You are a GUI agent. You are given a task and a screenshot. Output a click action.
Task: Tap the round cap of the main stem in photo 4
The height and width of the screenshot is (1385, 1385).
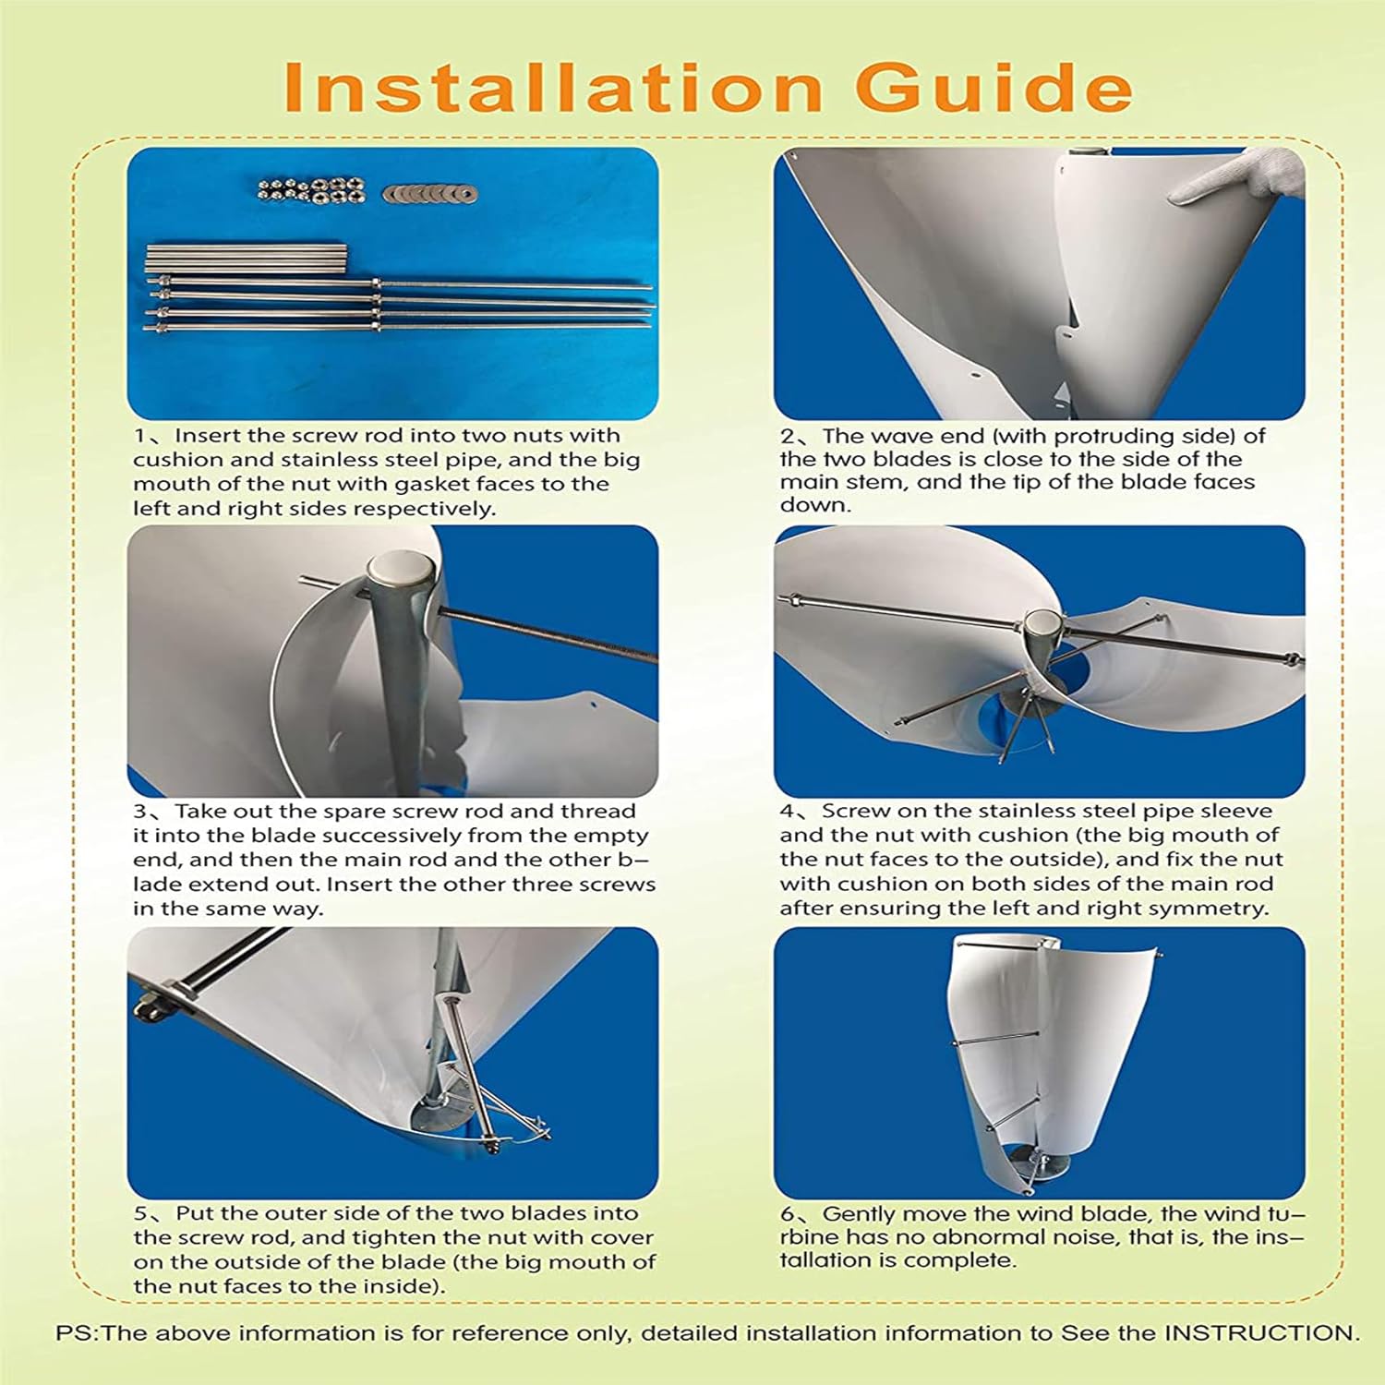click(1043, 623)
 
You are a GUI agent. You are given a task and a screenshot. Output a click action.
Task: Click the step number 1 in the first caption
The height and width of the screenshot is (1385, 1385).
click(140, 436)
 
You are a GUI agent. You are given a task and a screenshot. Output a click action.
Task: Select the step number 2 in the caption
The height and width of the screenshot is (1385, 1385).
click(787, 436)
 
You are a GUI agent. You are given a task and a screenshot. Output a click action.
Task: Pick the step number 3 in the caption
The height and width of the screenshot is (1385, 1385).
click(140, 812)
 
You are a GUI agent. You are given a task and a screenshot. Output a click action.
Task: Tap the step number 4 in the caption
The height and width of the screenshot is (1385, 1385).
click(787, 812)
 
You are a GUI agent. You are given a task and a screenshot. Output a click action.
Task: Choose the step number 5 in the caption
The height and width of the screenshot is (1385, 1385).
click(140, 1213)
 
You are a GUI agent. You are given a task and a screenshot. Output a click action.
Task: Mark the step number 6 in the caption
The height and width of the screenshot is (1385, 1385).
click(787, 1214)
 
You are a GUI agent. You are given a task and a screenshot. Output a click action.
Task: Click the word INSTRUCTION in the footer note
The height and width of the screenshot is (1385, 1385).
click(1259, 1333)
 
